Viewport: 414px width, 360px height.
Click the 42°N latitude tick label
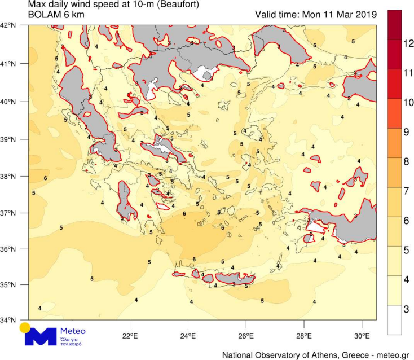(8, 25)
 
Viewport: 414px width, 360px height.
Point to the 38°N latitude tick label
(8, 176)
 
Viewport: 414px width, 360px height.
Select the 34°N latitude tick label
(8, 320)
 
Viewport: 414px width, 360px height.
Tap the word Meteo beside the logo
(73, 331)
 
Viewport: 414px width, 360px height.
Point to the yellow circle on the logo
(24, 327)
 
